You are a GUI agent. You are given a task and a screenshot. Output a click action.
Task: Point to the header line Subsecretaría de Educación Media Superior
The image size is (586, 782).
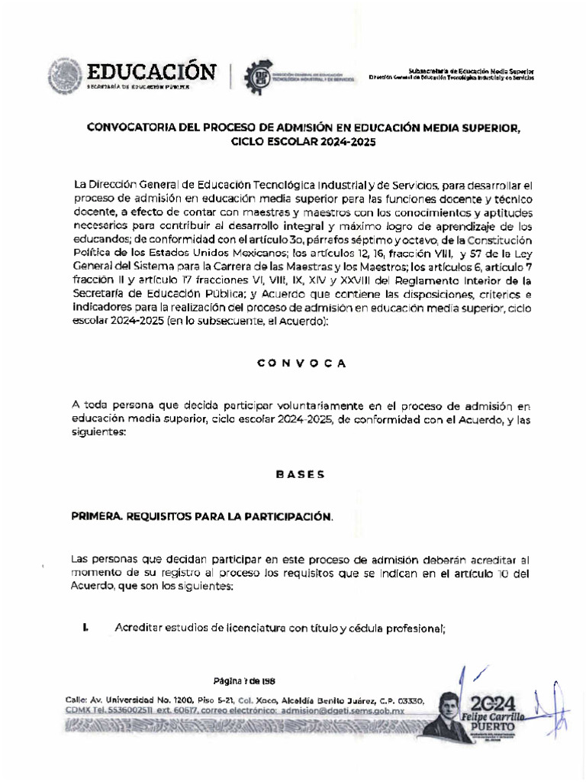pyautogui.click(x=471, y=69)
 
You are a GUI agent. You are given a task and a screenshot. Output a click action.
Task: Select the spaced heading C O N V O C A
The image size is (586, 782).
pyautogui.click(x=301, y=363)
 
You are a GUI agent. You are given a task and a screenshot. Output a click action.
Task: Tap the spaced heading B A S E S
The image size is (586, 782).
pyautogui.click(x=300, y=474)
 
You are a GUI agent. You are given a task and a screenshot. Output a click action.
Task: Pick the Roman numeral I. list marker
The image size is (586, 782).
pyautogui.click(x=85, y=628)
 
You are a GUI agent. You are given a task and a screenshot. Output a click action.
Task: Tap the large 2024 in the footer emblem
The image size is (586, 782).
pyautogui.click(x=494, y=703)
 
